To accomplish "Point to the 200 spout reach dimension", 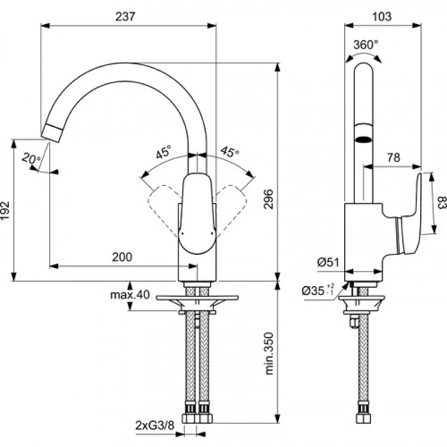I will [123, 256].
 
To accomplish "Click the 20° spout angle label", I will [32, 159].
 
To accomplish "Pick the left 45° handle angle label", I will [162, 153].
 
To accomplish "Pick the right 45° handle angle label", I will [229, 153].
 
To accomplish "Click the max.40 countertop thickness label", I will [131, 295].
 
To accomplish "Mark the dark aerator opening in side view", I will [362, 139].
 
